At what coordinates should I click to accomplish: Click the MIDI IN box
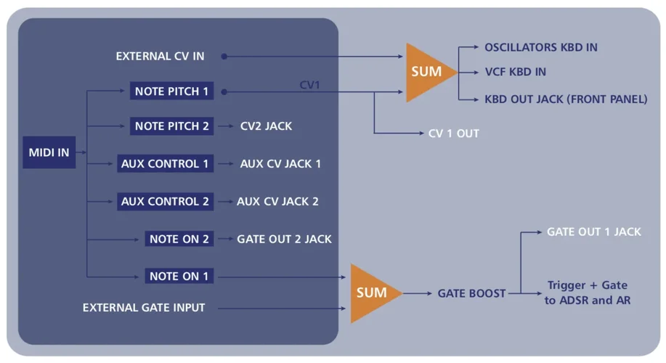pyautogui.click(x=49, y=152)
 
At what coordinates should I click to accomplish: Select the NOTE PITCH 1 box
pyautogui.click(x=171, y=91)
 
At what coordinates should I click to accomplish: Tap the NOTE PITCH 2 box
pyautogui.click(x=171, y=126)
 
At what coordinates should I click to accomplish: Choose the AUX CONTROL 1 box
pyautogui.click(x=165, y=163)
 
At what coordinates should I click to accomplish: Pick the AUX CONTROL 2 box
pyautogui.click(x=165, y=201)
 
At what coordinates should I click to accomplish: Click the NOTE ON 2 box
pyautogui.click(x=179, y=239)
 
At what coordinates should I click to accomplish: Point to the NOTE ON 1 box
pyautogui.click(x=179, y=277)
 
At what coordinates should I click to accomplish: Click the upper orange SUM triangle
pyautogui.click(x=426, y=72)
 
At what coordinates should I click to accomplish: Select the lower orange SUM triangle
pyautogui.click(x=371, y=293)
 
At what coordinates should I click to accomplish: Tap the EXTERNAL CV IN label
pyautogui.click(x=160, y=56)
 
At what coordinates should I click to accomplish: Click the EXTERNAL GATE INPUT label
pyautogui.click(x=144, y=308)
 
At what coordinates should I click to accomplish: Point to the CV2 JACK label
pyautogui.click(x=266, y=126)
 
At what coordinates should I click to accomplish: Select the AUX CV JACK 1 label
pyautogui.click(x=280, y=163)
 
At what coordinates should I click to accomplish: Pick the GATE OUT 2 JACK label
pyautogui.click(x=284, y=239)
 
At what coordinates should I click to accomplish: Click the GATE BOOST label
pyautogui.click(x=471, y=293)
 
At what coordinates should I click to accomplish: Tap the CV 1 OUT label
pyautogui.click(x=454, y=134)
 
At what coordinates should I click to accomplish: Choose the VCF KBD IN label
pyautogui.click(x=515, y=72)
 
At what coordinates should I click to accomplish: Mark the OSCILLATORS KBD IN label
pyautogui.click(x=541, y=47)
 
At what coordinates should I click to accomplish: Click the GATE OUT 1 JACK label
pyautogui.click(x=593, y=232)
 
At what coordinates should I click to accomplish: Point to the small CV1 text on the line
pyautogui.click(x=309, y=85)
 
